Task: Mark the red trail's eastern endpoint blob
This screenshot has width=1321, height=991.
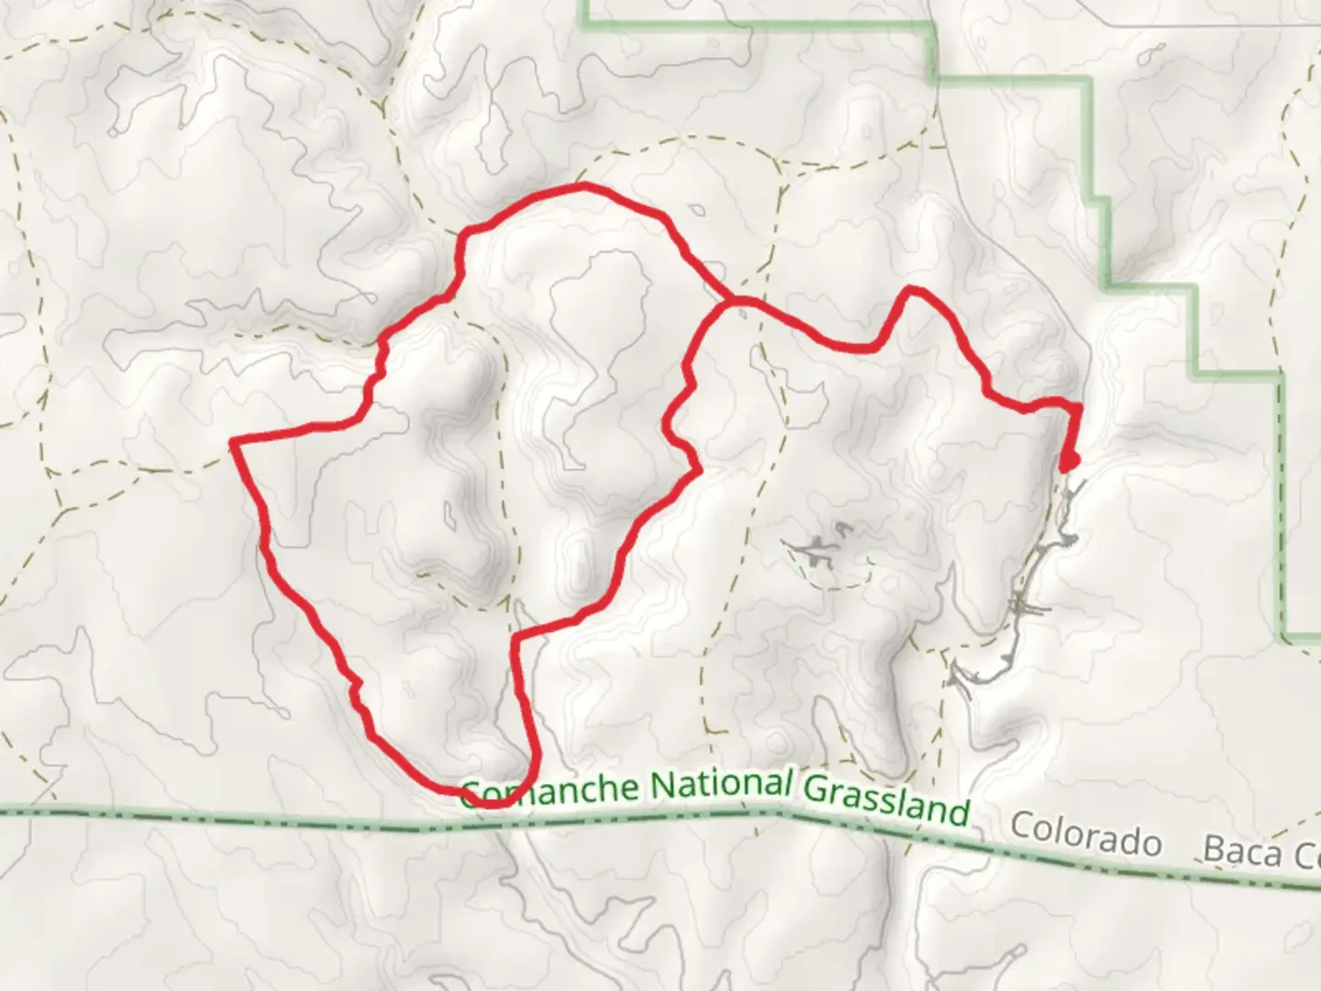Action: pos(1068,462)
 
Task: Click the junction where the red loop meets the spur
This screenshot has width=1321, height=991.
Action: pos(729,301)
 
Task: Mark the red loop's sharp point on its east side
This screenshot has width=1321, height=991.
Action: pos(699,471)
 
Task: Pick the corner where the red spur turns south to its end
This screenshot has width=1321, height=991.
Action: pos(1077,406)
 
